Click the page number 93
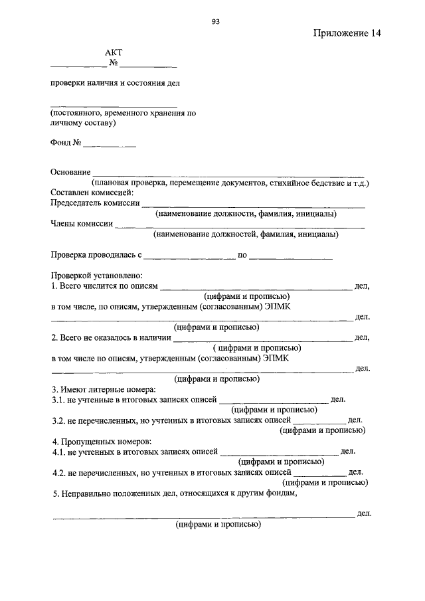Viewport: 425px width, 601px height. tap(216, 21)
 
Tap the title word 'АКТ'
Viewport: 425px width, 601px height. tap(114, 52)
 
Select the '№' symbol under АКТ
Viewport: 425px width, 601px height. tap(114, 64)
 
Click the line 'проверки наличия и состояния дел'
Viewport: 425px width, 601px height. tap(114, 83)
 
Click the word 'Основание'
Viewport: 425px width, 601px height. tap(70, 172)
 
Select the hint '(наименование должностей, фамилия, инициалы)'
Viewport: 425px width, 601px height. tap(246, 234)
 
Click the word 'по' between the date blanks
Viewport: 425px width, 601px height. tap(242, 254)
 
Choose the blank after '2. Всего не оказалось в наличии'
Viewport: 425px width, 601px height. tap(263, 339)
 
